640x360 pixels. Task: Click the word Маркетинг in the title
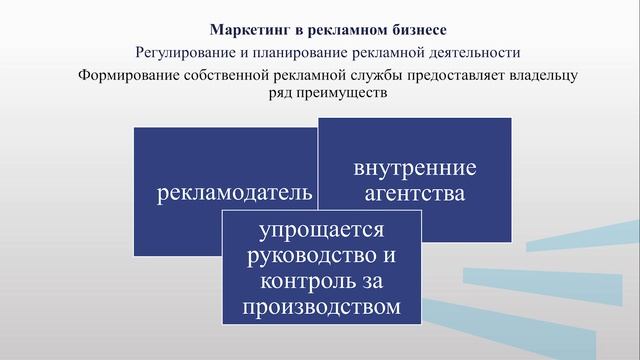coord(245,29)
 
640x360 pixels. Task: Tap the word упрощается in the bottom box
coord(321,231)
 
